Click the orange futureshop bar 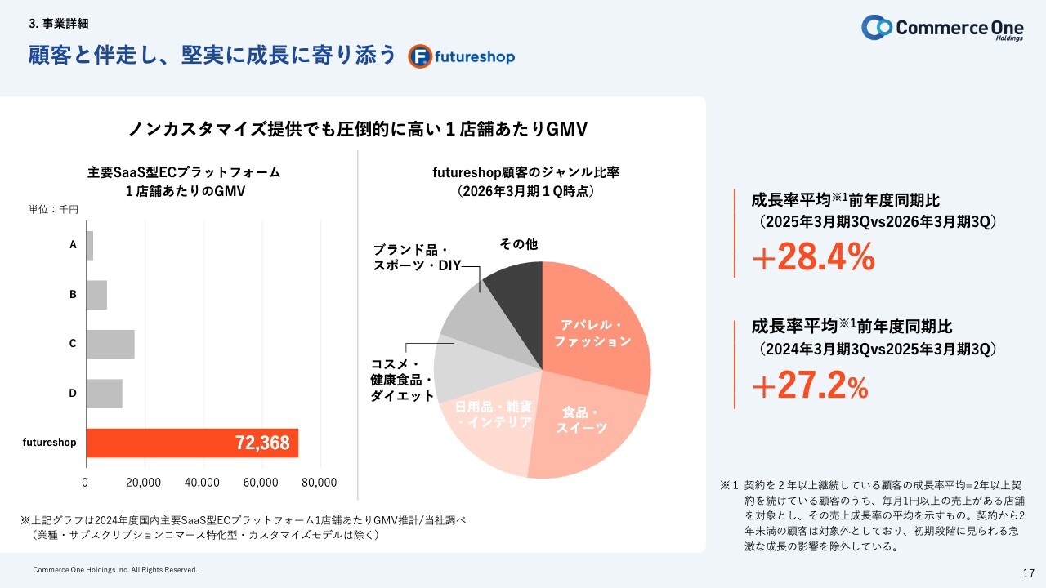point(191,443)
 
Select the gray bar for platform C point(110,344)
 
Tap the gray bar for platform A point(89,245)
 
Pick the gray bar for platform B point(96,295)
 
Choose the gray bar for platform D point(104,394)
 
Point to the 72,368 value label point(262,443)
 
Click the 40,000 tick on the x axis point(203,483)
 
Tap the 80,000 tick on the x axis point(320,483)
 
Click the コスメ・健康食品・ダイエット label point(402,380)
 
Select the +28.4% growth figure point(813,257)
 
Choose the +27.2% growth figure point(810,387)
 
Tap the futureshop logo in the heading point(462,57)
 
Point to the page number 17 point(1028,572)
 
